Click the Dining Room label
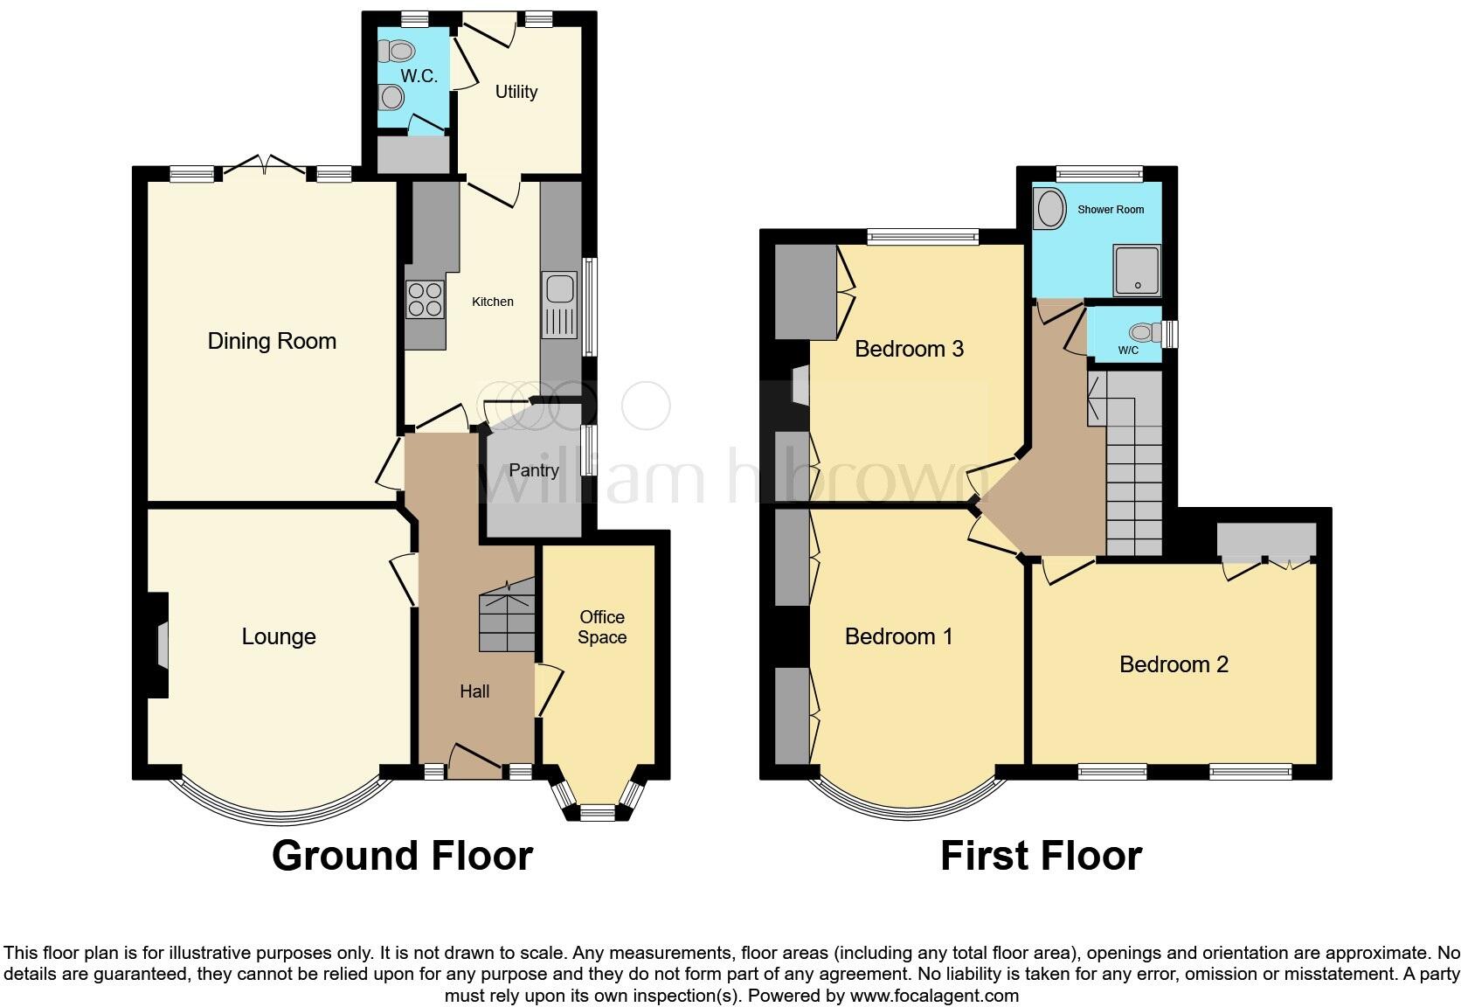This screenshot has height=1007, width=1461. (x=272, y=341)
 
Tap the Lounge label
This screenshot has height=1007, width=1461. (x=279, y=636)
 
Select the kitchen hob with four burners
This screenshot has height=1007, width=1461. (x=426, y=300)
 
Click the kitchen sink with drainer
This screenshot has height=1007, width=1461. (x=559, y=305)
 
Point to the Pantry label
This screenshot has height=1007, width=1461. (x=534, y=470)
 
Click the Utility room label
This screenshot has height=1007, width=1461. (x=516, y=92)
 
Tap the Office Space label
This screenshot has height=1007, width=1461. (x=602, y=627)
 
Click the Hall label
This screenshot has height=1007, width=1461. (x=474, y=691)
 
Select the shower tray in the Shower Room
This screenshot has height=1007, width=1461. (x=1137, y=270)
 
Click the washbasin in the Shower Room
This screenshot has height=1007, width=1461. (x=1050, y=208)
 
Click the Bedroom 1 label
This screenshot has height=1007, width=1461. (x=898, y=636)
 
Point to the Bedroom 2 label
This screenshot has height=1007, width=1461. (x=1174, y=664)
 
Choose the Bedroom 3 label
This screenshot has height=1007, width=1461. (x=909, y=349)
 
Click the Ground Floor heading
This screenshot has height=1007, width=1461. (x=403, y=856)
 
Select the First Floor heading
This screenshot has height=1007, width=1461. (x=1041, y=856)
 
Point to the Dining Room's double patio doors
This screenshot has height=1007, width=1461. (x=265, y=166)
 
